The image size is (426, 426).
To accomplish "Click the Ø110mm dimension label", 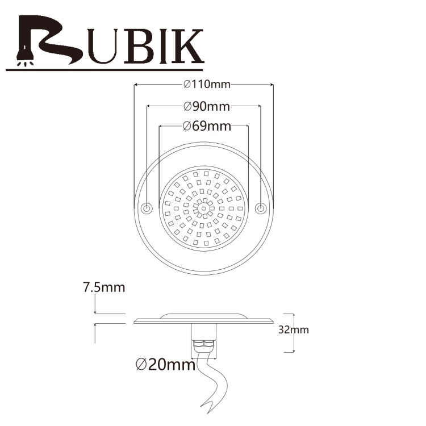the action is [207, 85].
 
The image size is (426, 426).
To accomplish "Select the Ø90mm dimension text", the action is [207, 106].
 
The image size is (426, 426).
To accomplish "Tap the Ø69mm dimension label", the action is [207, 126].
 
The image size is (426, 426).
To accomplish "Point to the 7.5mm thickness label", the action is [104, 287].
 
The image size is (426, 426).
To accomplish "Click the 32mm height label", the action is [294, 330].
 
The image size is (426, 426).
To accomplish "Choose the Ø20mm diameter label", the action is [165, 365].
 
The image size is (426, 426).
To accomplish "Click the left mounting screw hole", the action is [147, 208].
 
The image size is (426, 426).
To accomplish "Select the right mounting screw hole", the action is [260, 208].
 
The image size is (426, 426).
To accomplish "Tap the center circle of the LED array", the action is [203, 208].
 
